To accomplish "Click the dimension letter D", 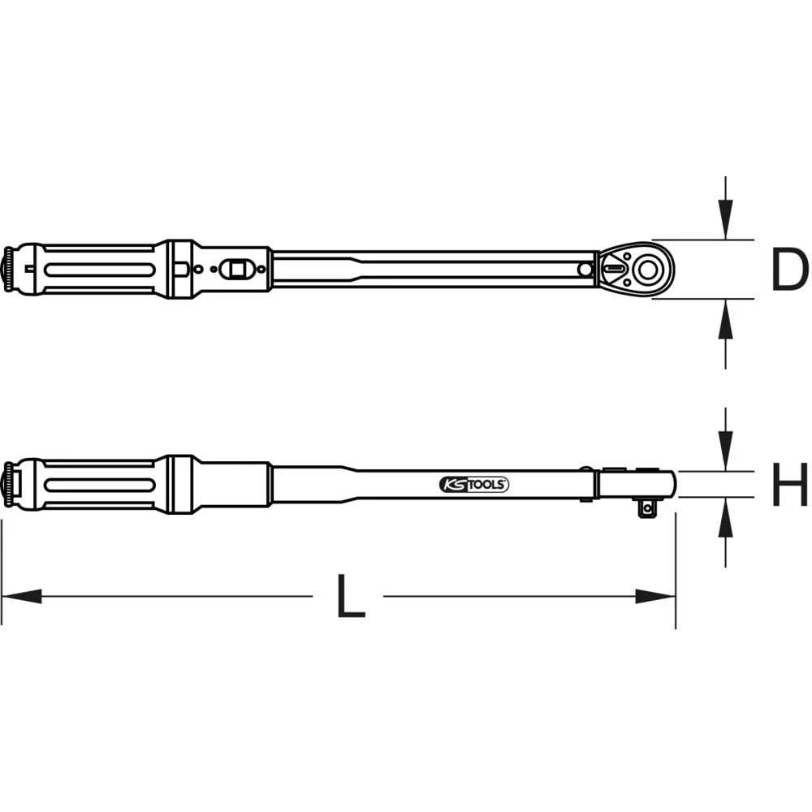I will point(789,270).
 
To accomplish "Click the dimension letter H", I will point(789,484).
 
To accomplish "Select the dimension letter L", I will point(349,597).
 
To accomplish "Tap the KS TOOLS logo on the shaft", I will point(475,484).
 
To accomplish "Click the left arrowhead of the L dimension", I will point(20,597).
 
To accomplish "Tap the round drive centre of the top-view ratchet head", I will point(648,269).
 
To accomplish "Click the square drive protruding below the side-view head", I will point(647,508).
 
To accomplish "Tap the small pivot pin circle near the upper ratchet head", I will point(585,269).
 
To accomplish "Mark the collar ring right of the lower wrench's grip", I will point(179,484).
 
